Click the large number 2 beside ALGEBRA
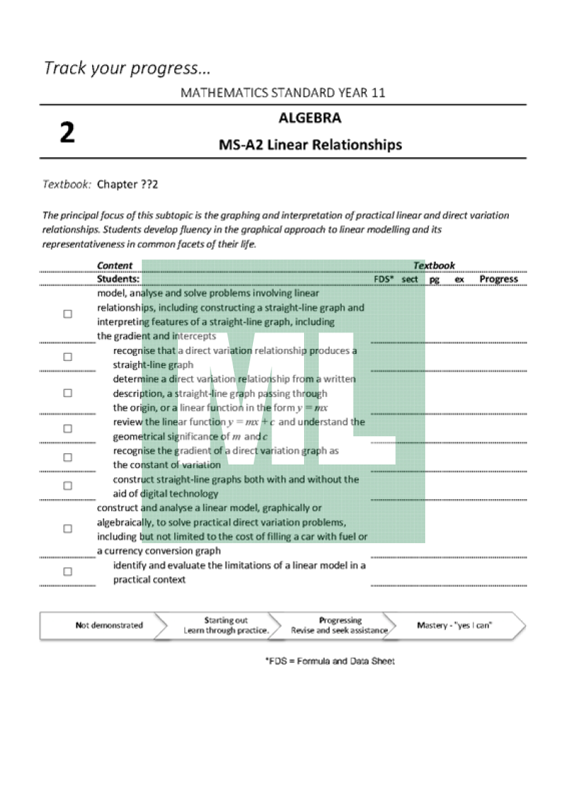67,133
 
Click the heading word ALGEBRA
310,118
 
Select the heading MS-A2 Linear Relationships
310,145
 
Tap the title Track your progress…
128,68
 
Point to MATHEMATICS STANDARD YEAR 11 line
283,93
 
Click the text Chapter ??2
128,184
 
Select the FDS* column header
383,279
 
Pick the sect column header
410,279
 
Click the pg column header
434,279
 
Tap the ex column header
459,279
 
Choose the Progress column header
498,279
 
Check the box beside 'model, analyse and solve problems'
67,314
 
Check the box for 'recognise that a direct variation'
67,357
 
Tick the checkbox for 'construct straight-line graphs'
67,486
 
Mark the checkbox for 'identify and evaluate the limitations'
67,572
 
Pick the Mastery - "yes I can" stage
454,625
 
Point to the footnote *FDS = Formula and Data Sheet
330,661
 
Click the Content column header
115,266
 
